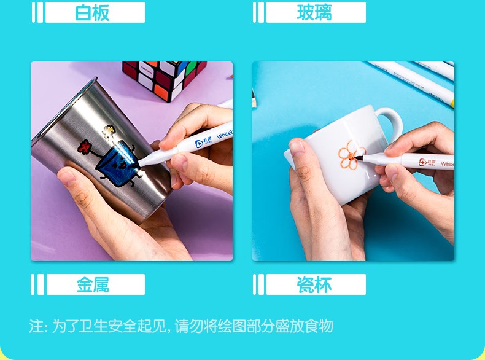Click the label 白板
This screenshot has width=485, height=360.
coord(92,13)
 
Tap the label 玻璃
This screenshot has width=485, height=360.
coord(314,13)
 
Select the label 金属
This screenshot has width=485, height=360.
coord(93,284)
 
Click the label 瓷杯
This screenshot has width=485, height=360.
coord(314,284)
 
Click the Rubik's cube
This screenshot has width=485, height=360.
coord(165,79)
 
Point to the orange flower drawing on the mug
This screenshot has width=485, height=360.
coord(351,155)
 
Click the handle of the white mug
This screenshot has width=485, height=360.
coord(390,121)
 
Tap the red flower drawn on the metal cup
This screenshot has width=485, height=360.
coord(84,146)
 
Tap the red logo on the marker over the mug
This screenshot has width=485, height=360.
coord(423,162)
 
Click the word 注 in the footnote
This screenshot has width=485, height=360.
coord(35,326)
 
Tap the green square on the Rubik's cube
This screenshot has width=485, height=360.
coord(191,67)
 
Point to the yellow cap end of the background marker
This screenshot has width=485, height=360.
coord(452,103)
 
